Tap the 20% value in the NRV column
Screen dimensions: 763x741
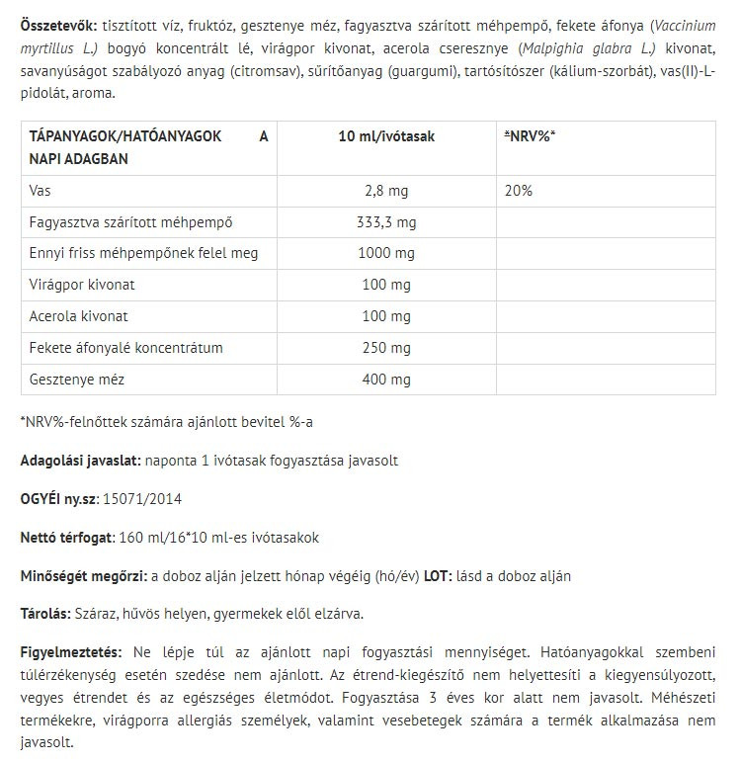pos(518,190)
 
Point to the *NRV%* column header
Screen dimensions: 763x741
pos(530,136)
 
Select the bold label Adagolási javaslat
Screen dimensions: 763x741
pos(80,461)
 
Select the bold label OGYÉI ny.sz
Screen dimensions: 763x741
pos(55,499)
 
